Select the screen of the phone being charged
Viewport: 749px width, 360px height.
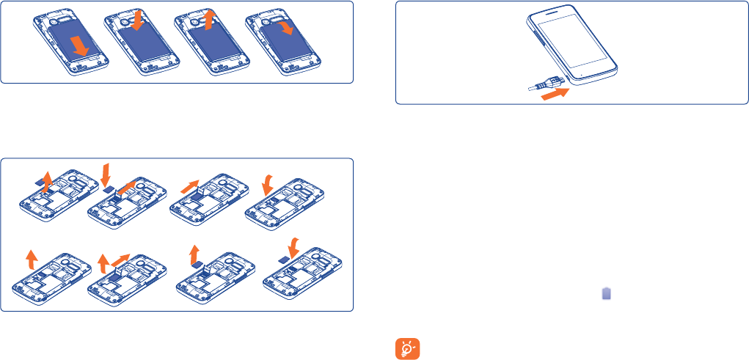(576, 44)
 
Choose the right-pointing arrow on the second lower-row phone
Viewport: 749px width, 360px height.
(122, 260)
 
